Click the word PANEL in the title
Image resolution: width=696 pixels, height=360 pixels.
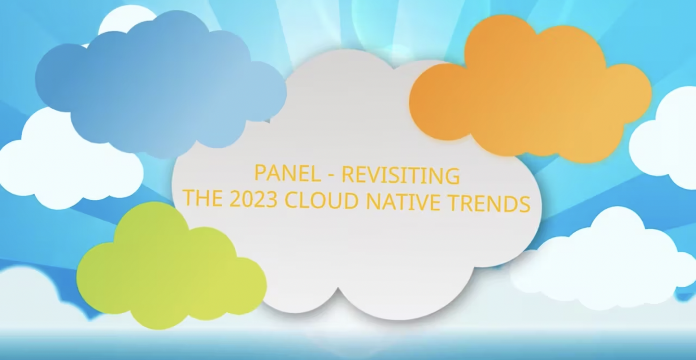287,173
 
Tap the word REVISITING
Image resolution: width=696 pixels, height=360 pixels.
401,175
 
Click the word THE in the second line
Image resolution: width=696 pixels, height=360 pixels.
203,198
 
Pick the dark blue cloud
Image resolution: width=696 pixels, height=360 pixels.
159,83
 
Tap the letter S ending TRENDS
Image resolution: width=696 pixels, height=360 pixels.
524,203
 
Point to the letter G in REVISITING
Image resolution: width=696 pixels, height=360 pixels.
452,176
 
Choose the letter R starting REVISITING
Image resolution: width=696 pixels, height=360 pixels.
347,175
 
